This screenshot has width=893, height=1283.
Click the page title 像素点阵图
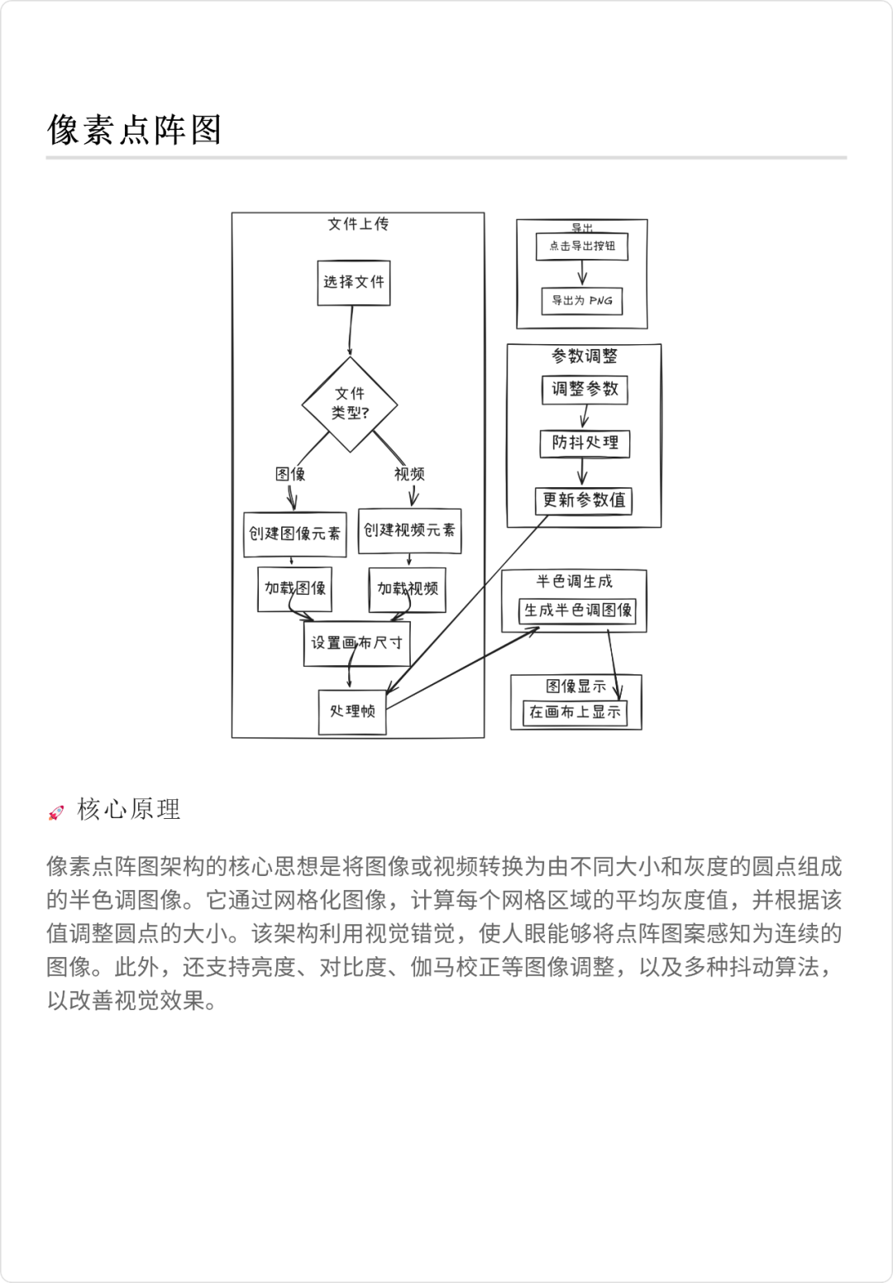(134, 130)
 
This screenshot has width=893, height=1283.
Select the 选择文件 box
(353, 282)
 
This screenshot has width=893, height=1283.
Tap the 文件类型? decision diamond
(350, 404)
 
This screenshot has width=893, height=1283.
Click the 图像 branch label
(290, 474)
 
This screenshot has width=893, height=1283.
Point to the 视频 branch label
(409, 474)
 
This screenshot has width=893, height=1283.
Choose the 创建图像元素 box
(294, 534)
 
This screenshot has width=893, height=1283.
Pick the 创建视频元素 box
(409, 530)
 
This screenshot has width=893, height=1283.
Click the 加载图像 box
(294, 588)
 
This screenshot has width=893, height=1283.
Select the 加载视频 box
(407, 589)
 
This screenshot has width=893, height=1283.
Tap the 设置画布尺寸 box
(356, 643)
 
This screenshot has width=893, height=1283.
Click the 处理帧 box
(352, 711)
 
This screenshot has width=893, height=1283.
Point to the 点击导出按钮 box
(582, 246)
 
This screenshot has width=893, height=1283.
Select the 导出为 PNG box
(582, 300)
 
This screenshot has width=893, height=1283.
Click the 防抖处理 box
(585, 443)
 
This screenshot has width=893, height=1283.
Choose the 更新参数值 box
(584, 500)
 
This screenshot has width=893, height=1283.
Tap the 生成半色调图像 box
(577, 610)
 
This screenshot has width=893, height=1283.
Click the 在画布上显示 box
(575, 712)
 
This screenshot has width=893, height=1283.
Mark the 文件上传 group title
(358, 224)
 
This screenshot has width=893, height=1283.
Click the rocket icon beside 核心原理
(56, 812)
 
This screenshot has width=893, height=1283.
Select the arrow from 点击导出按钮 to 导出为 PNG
(582, 273)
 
